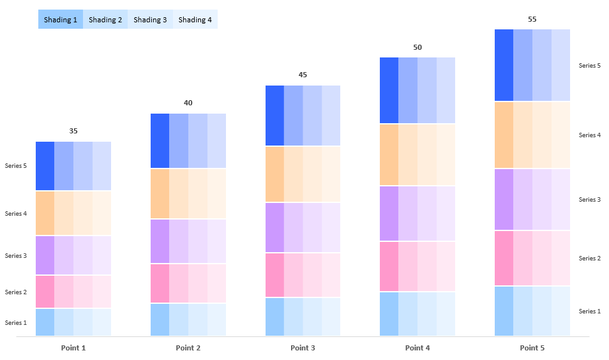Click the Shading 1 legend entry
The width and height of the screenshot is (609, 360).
[x=61, y=20]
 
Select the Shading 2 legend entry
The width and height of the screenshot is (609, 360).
[x=105, y=20]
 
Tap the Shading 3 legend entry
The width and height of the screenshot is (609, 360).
[x=150, y=20]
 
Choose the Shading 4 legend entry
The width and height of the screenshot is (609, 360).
[x=195, y=20]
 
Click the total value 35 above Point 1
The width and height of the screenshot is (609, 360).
[x=73, y=131]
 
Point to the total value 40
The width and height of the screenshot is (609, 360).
[x=188, y=103]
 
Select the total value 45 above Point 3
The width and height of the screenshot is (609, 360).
[x=303, y=75]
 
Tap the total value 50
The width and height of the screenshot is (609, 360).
[x=417, y=47]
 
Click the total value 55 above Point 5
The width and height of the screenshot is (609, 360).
[x=532, y=19]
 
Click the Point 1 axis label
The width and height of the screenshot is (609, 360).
[x=73, y=348]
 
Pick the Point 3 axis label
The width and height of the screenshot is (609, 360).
[x=303, y=348]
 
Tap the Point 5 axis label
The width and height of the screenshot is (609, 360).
[x=532, y=348]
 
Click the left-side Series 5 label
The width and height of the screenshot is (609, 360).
[x=16, y=166]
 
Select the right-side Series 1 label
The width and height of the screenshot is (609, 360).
[x=589, y=311]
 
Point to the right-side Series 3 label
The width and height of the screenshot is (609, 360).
[x=589, y=200]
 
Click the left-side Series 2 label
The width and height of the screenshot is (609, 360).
[x=16, y=292]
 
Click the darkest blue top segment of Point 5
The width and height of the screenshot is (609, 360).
[x=504, y=65]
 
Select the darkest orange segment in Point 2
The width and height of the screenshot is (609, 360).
[x=160, y=194]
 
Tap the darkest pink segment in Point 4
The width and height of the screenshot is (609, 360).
[x=389, y=266]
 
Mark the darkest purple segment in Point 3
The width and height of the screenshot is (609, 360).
[x=274, y=228]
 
